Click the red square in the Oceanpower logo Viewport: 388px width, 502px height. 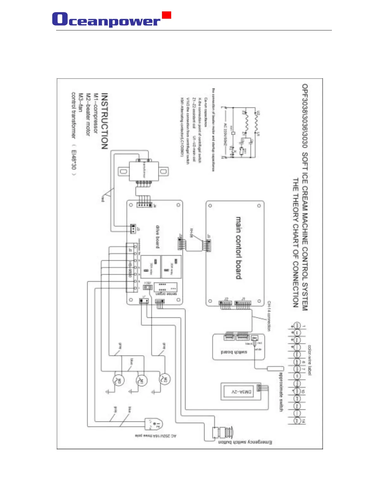pos(166,15)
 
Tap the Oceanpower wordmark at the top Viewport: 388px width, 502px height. pos(107,20)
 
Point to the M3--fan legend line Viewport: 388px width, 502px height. pos(81,103)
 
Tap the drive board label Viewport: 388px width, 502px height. pos(158,236)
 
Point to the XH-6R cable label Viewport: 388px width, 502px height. pos(191,233)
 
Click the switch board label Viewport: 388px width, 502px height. pos(234,352)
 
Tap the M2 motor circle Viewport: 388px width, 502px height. pos(165,379)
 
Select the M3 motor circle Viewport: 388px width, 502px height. pos(119,381)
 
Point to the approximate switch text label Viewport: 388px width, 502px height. pos(281,392)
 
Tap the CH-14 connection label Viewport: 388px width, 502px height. pos(269,316)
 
